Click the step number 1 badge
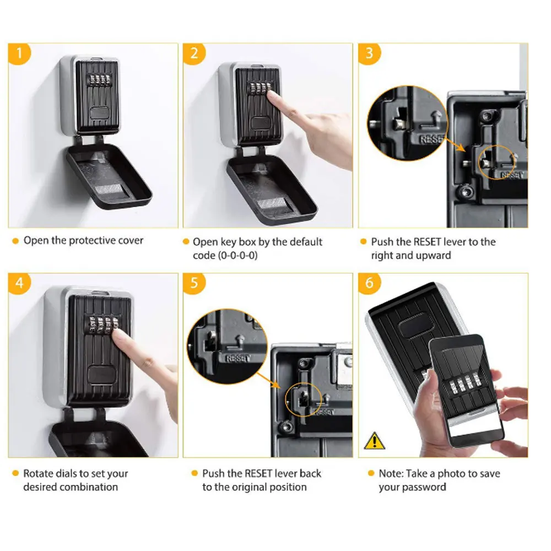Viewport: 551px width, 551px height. pos(20,55)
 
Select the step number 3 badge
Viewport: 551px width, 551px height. pos(369,55)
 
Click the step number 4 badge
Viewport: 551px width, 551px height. pos(20,284)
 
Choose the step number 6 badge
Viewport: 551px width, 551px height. pos(369,284)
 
